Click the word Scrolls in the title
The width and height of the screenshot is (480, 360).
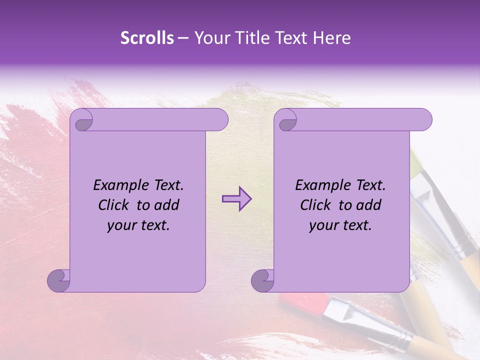click(147, 38)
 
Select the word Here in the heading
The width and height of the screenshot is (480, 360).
click(331, 38)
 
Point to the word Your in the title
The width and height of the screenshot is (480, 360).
click(210, 38)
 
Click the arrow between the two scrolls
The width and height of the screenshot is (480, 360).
click(236, 199)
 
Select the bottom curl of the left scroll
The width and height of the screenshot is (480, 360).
click(58, 280)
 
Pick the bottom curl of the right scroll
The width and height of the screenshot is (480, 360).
click(262, 280)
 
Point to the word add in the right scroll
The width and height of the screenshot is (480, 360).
click(368, 205)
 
